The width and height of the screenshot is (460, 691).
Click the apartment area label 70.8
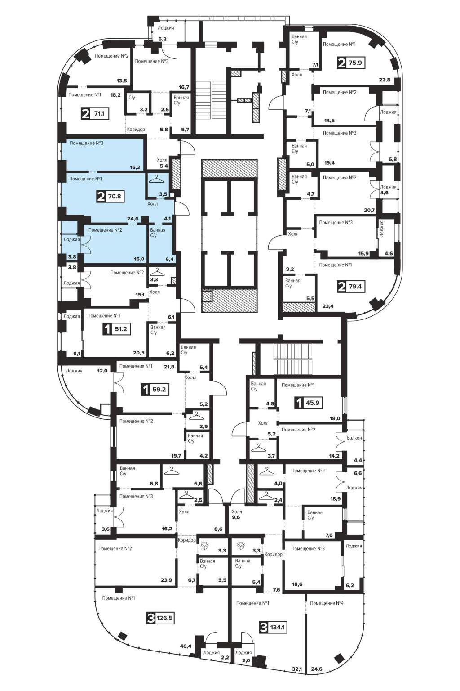click(114, 196)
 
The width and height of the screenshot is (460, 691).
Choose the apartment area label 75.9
click(355, 63)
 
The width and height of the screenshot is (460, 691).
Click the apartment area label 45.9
click(312, 402)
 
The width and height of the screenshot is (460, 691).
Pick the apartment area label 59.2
click(159, 389)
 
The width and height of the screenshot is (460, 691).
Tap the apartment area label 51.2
click(120, 329)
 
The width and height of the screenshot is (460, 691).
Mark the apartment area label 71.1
click(99, 113)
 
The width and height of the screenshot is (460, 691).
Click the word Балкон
click(354, 438)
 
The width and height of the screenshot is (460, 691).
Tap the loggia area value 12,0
click(102, 371)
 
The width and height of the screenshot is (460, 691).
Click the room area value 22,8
click(385, 80)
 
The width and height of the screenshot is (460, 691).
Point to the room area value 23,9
click(166, 580)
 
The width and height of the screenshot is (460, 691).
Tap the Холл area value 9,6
click(236, 517)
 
